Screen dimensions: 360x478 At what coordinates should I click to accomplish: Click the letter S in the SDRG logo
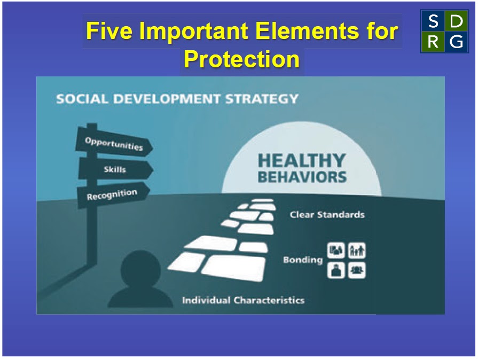pos(433,22)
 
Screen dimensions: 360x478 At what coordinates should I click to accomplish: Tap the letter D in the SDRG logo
pos(456,22)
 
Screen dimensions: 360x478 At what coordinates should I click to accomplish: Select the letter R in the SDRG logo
pos(433,42)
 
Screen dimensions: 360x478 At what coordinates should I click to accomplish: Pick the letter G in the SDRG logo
pos(456,42)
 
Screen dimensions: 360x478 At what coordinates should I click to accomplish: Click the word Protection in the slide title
pos(241,60)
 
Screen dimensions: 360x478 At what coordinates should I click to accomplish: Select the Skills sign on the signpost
pos(115,169)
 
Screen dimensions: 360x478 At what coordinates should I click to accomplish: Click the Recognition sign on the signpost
pos(112,194)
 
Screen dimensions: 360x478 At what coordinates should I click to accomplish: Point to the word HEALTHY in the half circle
pos(302,161)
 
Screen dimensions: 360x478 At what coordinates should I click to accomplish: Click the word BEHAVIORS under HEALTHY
pos(302,177)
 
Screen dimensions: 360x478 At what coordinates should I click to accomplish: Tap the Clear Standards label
pos(327,215)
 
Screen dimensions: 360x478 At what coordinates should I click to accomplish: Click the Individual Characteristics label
pos(243,300)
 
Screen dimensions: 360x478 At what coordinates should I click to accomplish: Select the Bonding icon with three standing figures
pos(357,251)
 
